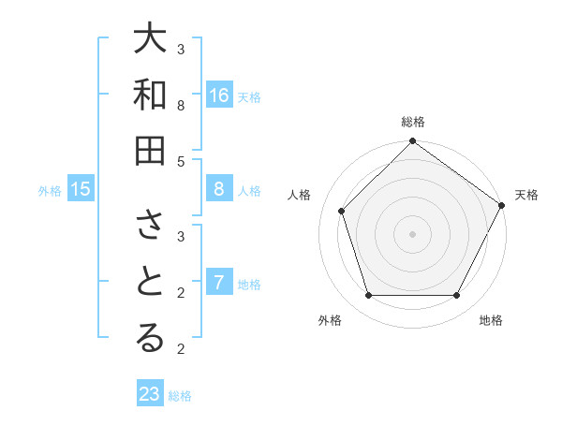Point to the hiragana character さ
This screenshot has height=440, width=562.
tap(150, 227)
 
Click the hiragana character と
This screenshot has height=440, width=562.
tap(150, 283)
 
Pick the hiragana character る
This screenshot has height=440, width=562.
tap(150, 339)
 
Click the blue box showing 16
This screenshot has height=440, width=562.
tap(219, 95)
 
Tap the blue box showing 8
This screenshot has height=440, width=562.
tap(219, 190)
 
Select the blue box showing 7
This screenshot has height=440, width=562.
tap(219, 283)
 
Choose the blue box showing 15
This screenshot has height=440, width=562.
tap(81, 190)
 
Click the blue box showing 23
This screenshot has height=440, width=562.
tap(150, 394)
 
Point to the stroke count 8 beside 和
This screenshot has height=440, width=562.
tap(181, 105)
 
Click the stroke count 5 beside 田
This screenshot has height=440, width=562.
tap(181, 161)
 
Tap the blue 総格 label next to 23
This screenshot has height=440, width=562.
tap(180, 396)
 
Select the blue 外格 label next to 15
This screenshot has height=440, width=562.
tap(50, 191)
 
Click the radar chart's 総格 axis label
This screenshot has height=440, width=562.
tap(412, 122)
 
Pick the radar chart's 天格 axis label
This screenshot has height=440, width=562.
tap(526, 195)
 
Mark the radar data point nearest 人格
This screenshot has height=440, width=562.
tap(342, 211)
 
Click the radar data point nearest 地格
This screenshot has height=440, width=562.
tap(456, 296)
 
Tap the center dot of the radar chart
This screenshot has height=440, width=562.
tap(412, 233)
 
